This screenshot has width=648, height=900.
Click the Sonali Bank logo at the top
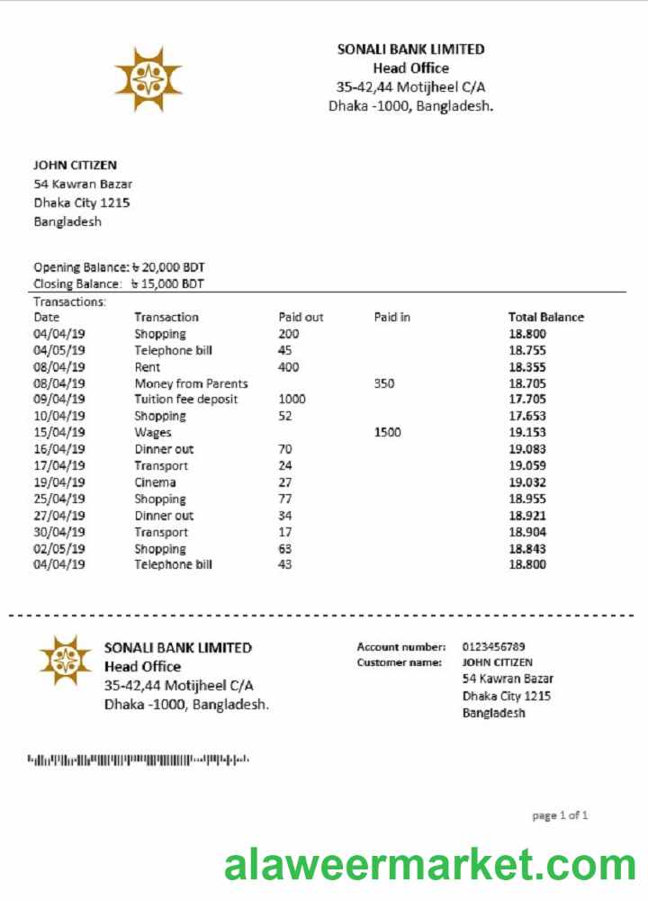[148, 79]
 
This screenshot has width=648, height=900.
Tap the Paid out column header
[301, 317]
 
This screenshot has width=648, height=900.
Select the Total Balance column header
[545, 317]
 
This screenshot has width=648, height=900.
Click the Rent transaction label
[148, 367]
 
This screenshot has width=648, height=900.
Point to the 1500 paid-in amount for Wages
[387, 433]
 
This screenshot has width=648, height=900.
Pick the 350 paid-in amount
[384, 383]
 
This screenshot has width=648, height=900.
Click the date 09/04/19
[59, 400]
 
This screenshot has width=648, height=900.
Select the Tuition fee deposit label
[186, 400]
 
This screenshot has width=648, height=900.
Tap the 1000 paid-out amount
[292, 400]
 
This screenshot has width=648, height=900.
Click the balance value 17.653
[527, 416]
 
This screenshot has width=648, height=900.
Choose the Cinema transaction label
[155, 482]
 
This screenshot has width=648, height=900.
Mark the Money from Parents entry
[191, 383]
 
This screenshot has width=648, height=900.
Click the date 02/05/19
[59, 549]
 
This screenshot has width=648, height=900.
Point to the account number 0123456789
[493, 646]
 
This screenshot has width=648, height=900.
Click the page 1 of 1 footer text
[560, 815]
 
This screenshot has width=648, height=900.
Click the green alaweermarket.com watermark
[429, 865]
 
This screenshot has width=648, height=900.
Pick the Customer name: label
[399, 662]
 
